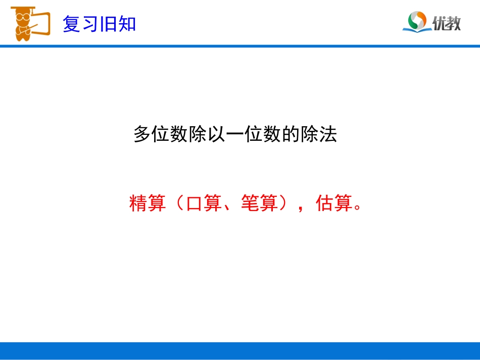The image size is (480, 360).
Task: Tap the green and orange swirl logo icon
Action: tap(417, 21)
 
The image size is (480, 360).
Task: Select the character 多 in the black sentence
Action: tap(142, 134)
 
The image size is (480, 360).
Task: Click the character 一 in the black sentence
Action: tap(235, 134)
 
